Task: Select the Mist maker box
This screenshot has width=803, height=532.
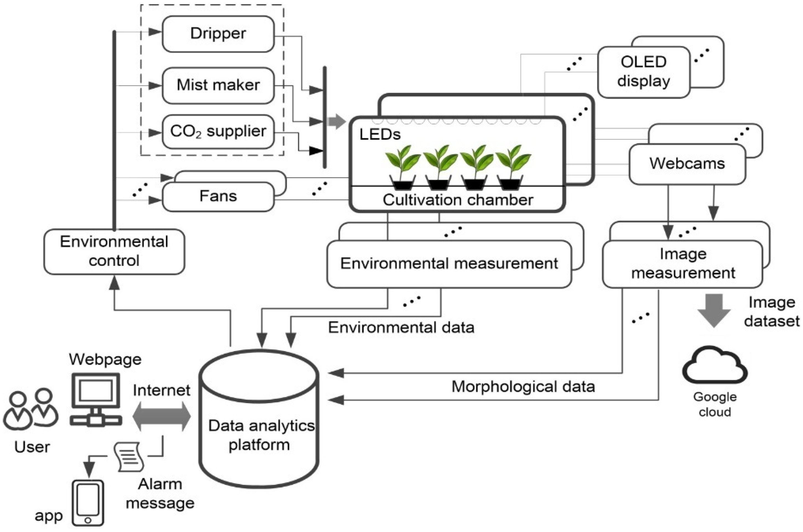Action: click(x=218, y=85)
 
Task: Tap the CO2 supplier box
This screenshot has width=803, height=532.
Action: click(x=218, y=132)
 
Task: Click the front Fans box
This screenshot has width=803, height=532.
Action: click(x=218, y=196)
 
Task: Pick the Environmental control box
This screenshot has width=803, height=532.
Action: click(x=114, y=251)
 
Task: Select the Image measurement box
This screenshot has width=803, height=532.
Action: click(x=683, y=264)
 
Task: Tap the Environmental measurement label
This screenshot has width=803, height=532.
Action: click(x=449, y=264)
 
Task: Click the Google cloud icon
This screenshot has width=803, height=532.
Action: click(x=715, y=366)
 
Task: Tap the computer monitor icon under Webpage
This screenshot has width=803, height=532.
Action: click(x=96, y=399)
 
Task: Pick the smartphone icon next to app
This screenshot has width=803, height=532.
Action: click(x=88, y=502)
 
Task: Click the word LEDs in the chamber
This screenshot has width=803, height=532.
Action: click(x=380, y=135)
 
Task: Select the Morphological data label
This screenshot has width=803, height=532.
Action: click(x=523, y=387)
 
